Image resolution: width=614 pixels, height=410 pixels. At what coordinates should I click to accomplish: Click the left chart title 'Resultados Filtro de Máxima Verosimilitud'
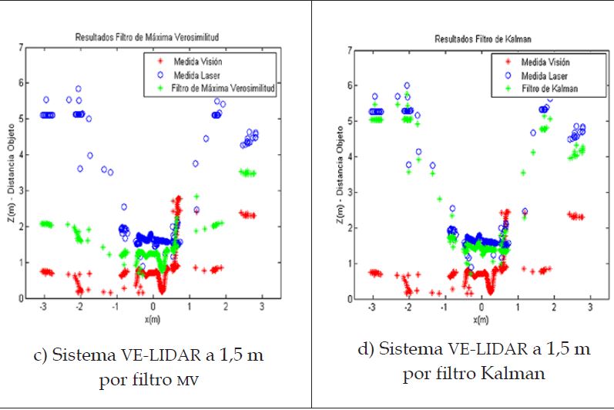(x=153, y=36)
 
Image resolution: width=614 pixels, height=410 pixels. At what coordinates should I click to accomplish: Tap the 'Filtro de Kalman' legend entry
(x=549, y=89)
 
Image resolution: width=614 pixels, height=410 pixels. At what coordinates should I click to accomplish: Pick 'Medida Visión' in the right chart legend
(x=545, y=62)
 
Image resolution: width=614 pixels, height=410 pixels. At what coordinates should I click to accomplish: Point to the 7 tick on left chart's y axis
(x=21, y=47)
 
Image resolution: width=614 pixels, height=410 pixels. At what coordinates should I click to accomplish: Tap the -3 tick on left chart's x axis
(x=45, y=306)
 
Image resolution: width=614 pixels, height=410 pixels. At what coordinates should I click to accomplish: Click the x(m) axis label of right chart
(x=481, y=319)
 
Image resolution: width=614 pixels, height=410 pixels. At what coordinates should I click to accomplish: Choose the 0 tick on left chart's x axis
(x=153, y=306)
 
